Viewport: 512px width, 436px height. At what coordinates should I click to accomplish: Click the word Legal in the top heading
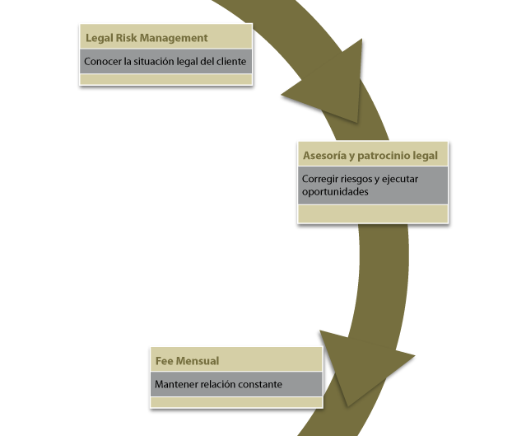[x=99, y=38]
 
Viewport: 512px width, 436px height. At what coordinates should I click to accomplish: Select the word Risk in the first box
[x=127, y=38]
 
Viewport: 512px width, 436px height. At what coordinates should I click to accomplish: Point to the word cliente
[x=230, y=62]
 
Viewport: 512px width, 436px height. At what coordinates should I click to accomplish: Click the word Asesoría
[x=326, y=155]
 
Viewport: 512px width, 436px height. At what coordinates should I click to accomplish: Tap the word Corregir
[x=320, y=178]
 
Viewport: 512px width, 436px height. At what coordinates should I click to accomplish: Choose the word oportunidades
[x=335, y=191]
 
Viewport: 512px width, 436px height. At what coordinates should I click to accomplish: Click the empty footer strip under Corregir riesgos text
[x=372, y=213]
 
